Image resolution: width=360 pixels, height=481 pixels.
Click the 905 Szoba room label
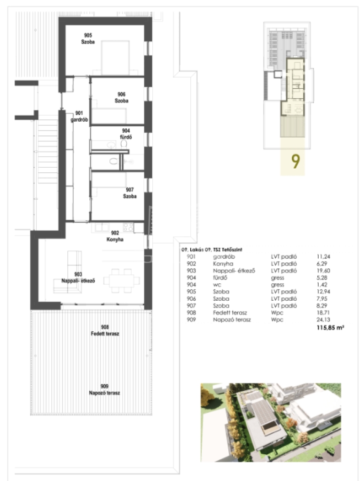88,39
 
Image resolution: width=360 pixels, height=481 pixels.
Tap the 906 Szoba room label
122,98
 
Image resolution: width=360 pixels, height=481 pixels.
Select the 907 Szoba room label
130,193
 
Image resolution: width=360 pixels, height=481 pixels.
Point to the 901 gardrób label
79,116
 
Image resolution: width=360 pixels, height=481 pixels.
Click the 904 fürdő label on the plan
126,134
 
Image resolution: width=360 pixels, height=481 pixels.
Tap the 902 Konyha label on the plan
115,236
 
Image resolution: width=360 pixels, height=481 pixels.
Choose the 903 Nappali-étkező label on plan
78,278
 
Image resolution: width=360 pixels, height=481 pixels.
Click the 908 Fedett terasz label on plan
105,330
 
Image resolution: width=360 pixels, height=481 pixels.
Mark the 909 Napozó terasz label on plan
104,389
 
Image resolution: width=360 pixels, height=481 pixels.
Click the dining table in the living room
122,280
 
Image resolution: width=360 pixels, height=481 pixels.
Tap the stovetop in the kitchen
128,227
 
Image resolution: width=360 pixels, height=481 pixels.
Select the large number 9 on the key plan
295,161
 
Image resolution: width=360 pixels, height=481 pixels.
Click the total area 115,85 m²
330,327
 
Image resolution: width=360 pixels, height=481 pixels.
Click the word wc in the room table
217,285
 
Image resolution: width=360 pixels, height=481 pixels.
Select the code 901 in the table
191,257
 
